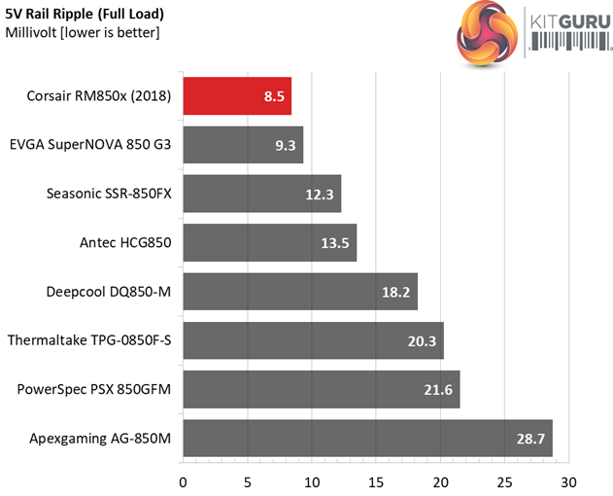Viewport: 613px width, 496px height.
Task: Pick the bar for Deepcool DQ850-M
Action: point(299,292)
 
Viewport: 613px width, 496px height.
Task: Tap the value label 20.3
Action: point(423,341)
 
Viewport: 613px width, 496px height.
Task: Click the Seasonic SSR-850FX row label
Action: point(109,194)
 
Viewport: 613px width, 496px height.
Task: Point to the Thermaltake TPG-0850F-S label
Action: point(89,340)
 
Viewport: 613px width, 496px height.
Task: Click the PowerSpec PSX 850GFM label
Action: point(94,389)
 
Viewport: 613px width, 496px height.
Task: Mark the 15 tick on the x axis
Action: point(376,481)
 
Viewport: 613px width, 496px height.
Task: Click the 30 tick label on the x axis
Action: point(568,481)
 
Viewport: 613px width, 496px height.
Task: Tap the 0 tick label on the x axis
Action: point(183,481)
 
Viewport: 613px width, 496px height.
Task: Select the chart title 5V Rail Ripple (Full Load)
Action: point(85,15)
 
